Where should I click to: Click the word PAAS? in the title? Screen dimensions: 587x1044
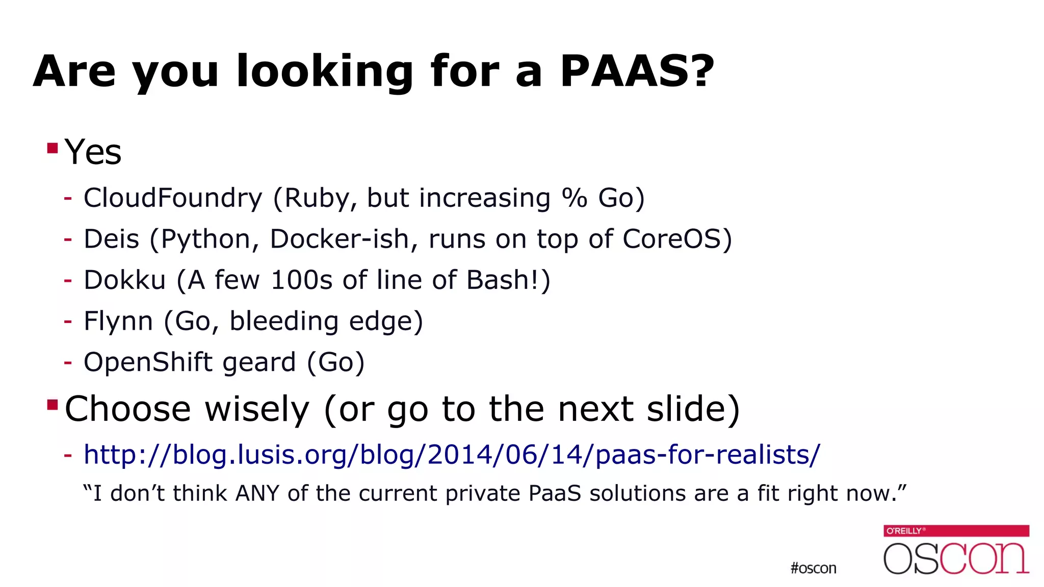click(637, 71)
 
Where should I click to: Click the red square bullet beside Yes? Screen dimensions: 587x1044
click(52, 148)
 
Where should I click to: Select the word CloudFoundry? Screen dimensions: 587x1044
click(173, 198)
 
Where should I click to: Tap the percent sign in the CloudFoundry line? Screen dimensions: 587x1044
click(574, 198)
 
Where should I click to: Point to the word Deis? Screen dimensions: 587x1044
click(111, 239)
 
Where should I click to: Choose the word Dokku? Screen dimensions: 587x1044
click(124, 280)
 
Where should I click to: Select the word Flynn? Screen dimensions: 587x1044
click(118, 321)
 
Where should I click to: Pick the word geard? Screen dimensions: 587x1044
click(259, 362)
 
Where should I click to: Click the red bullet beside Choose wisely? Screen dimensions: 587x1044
click(52, 405)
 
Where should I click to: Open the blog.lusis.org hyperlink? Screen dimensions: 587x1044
click(452, 454)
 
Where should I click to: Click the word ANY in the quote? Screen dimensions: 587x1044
click(257, 493)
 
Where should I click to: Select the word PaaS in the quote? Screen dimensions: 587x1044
click(555, 493)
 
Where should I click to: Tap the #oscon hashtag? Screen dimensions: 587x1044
click(813, 568)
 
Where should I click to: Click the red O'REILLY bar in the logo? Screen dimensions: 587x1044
click(956, 530)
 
